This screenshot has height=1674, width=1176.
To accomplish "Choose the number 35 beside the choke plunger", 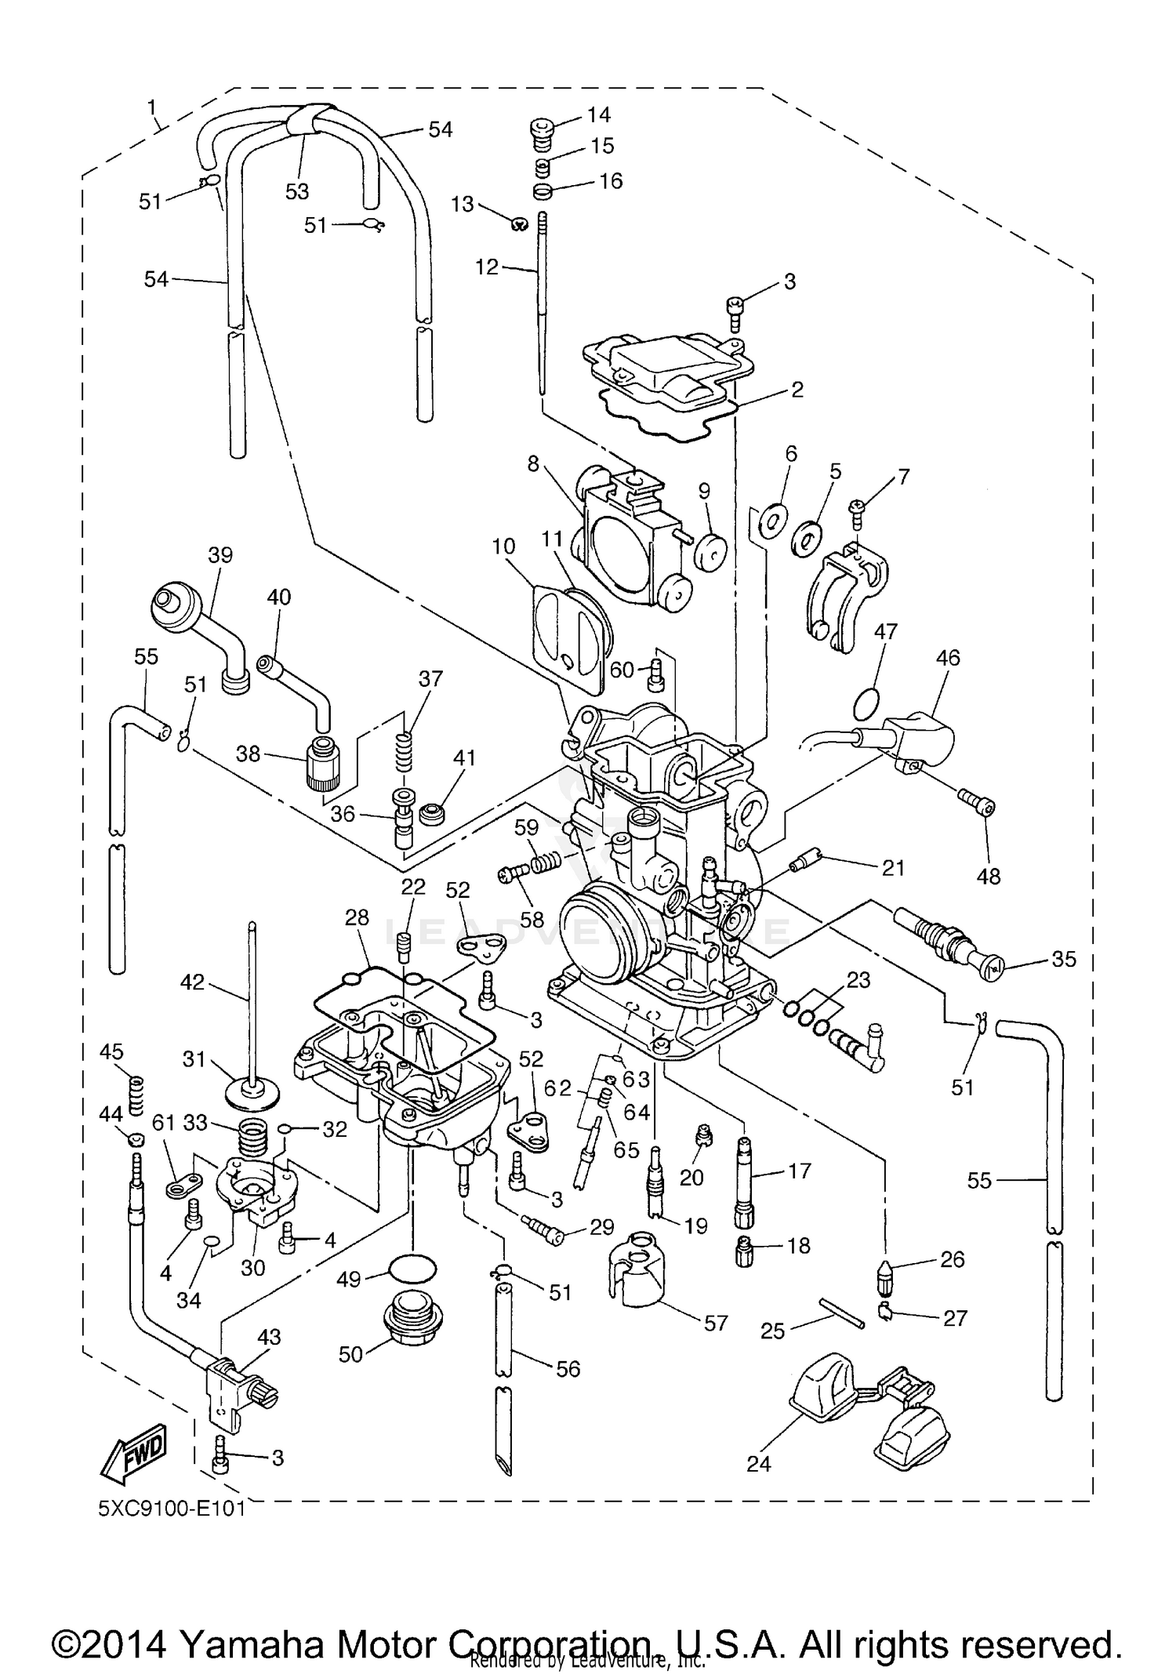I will click(x=1063, y=959).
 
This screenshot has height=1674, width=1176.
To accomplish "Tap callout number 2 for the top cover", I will click(x=797, y=389).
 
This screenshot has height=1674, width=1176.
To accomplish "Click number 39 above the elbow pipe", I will click(x=220, y=555).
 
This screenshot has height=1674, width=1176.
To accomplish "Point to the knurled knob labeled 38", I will click(x=323, y=764).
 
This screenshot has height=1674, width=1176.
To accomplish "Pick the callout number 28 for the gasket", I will click(x=357, y=917).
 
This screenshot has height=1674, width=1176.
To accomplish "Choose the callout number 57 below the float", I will click(x=715, y=1323).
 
